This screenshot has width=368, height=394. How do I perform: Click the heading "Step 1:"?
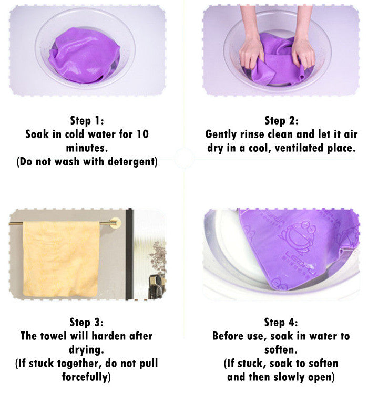[x=87, y=120]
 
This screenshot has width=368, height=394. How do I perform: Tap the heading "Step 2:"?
[x=281, y=120]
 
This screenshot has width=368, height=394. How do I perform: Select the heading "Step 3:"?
[x=86, y=322]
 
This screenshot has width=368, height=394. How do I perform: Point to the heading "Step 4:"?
[x=281, y=322]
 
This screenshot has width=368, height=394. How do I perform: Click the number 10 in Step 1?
[x=142, y=134]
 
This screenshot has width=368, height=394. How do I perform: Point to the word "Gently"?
[x=221, y=134]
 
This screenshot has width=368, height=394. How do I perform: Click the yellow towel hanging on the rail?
[x=61, y=258]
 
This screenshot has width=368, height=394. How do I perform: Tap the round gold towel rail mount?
[x=115, y=223]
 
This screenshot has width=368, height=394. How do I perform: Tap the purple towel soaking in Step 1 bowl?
[x=84, y=56]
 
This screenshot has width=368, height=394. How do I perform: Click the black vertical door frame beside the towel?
[x=129, y=254]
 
